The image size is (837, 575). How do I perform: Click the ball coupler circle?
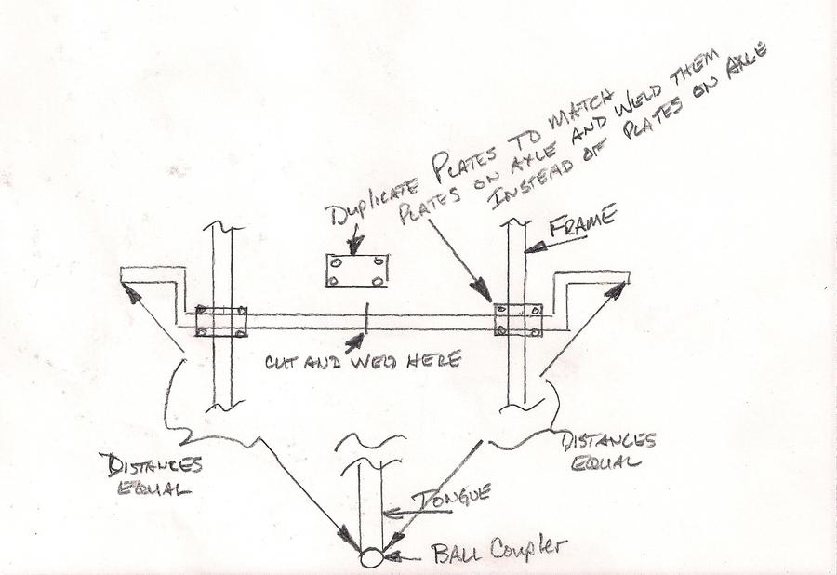(370, 559)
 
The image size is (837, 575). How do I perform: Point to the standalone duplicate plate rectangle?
(357, 270)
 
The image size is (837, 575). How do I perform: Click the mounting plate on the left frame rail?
(222, 320)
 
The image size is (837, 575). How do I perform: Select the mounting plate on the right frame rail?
(518, 319)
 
